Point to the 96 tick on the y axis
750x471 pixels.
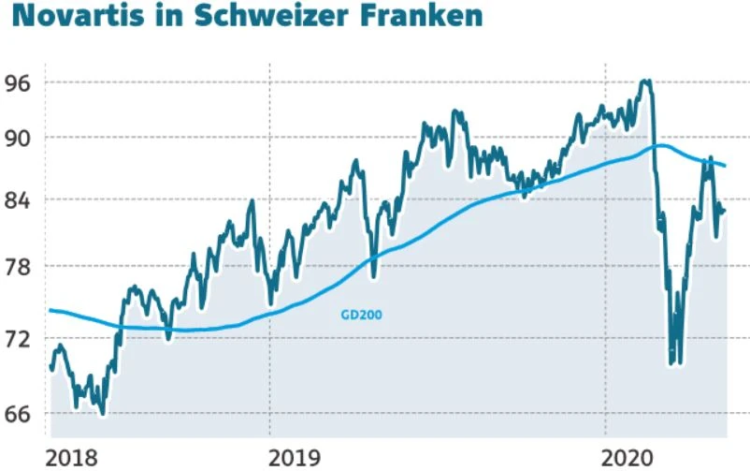click(18, 82)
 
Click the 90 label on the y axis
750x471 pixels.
click(18, 138)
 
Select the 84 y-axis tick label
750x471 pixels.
click(18, 200)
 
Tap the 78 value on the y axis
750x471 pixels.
click(18, 267)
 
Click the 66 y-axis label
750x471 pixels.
click(18, 413)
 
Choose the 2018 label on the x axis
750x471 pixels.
click(70, 457)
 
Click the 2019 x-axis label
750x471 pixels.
click(294, 457)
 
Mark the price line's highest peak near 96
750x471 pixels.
click(644, 81)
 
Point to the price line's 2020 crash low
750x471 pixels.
click(672, 363)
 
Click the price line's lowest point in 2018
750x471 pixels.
click(102, 413)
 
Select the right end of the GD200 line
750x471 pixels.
click(727, 166)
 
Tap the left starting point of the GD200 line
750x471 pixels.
click(50, 310)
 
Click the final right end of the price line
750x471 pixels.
click(725, 211)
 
